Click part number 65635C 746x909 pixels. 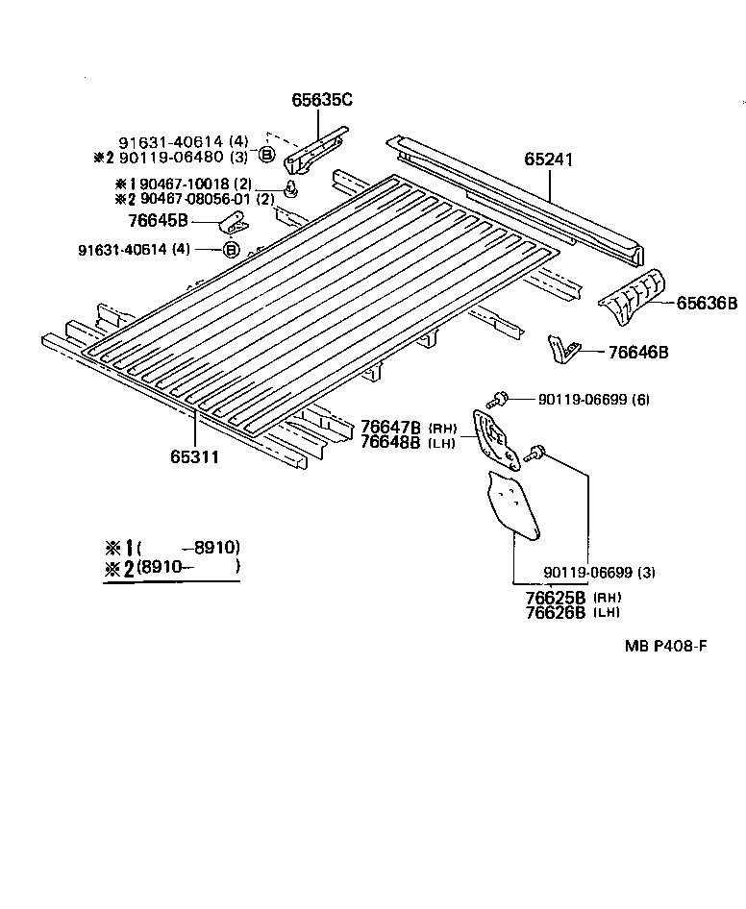[x=322, y=99]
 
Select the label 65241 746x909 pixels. [x=549, y=160]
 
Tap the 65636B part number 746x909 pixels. [x=707, y=303]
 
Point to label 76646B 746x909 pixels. [x=638, y=353]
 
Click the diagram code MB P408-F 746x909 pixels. [x=665, y=647]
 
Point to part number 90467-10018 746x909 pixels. [x=180, y=184]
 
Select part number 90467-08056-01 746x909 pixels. [x=192, y=199]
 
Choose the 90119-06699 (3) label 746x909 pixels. [x=599, y=573]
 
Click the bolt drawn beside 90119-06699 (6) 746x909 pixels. [x=499, y=397]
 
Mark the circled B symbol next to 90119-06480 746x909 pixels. [x=265, y=155]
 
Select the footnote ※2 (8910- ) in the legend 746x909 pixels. [x=173, y=567]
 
